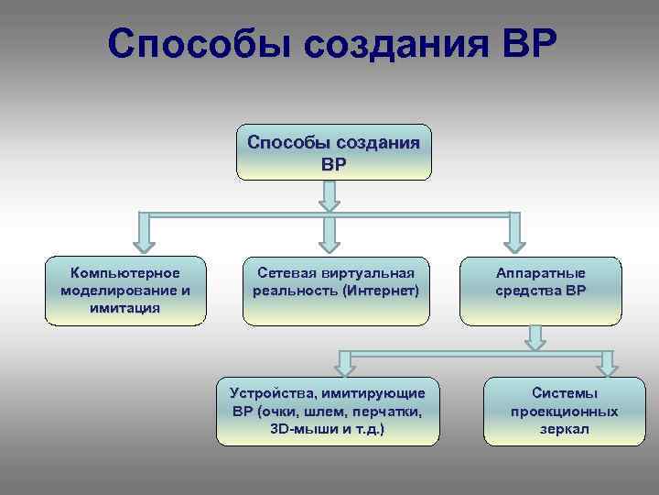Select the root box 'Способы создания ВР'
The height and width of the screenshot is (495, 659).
(333, 152)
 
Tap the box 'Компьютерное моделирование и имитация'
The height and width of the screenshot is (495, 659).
(124, 291)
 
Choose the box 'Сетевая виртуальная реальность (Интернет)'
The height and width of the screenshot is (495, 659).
(336, 291)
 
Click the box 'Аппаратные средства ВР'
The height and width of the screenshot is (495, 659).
(540, 291)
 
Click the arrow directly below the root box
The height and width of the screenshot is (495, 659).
(330, 194)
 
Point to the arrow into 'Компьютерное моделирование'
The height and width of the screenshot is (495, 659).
(144, 233)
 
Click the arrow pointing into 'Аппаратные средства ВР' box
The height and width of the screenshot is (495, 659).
(515, 233)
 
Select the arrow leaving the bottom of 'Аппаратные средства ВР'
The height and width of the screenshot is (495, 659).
(536, 337)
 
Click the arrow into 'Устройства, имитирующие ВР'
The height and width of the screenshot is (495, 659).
(345, 362)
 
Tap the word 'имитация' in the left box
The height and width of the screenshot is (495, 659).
(125, 308)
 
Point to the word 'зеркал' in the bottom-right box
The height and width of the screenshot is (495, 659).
(564, 429)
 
